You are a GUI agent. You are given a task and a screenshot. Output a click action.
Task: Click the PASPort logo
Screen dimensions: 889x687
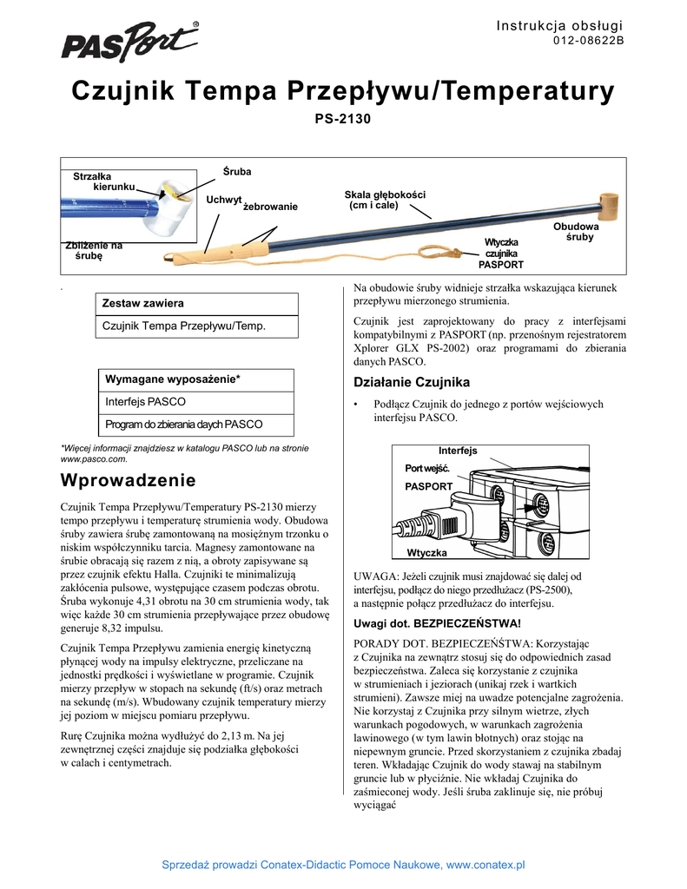(x=129, y=43)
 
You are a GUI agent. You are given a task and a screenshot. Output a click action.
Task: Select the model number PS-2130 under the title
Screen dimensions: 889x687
(x=342, y=118)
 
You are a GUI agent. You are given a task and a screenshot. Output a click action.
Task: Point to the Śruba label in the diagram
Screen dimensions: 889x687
(x=237, y=172)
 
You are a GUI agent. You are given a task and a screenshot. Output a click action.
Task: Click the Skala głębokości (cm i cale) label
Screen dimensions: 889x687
(x=385, y=200)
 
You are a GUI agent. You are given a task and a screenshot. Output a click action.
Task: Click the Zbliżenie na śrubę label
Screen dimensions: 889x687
(x=95, y=251)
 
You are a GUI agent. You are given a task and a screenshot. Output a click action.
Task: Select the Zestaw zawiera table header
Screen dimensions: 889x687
(x=144, y=303)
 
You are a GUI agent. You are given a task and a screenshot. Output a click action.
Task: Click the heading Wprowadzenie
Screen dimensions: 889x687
(x=128, y=480)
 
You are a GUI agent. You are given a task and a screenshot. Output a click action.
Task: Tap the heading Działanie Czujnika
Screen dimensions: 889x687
(x=412, y=382)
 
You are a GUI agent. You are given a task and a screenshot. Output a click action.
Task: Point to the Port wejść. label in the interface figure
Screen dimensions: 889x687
(x=427, y=469)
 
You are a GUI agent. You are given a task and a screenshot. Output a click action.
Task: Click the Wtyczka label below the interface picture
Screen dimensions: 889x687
(x=426, y=553)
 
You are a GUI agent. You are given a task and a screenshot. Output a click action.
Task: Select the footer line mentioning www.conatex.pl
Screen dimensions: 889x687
(x=345, y=865)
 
